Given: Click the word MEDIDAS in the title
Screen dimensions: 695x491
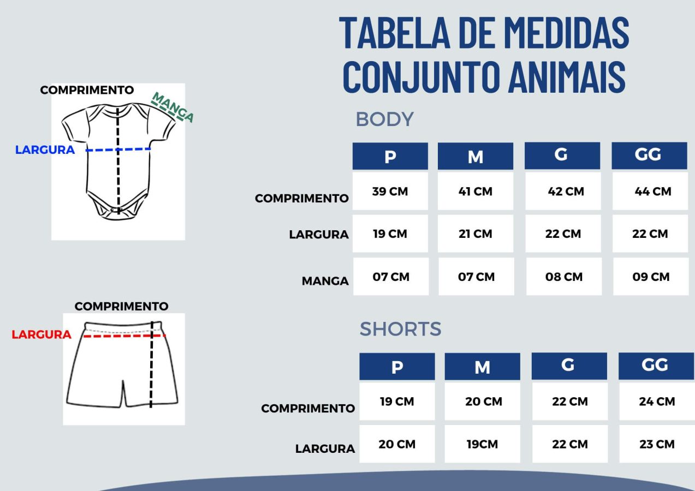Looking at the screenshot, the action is [x=567, y=33].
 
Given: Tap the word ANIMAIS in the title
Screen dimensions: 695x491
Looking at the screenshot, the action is [x=567, y=77].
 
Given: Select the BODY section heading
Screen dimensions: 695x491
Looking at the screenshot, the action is [x=384, y=119].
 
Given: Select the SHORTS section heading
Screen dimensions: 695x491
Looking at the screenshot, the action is [x=400, y=329].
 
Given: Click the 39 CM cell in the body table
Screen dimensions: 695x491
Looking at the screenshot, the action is [x=390, y=191].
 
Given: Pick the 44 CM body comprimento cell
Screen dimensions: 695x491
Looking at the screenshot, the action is [x=650, y=191].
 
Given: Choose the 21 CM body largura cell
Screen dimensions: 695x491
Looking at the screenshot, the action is [x=476, y=233].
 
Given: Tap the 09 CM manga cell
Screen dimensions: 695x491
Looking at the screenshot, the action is [x=651, y=277].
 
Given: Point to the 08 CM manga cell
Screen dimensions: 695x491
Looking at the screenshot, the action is [x=564, y=277].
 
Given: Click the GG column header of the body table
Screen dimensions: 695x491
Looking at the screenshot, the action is [x=649, y=155].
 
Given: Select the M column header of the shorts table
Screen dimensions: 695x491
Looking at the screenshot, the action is [x=482, y=367].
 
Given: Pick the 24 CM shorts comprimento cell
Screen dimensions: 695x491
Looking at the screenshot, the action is [x=657, y=402].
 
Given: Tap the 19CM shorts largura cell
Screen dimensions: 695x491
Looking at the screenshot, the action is [x=482, y=444].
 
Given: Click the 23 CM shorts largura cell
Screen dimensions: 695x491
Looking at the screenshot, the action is [x=657, y=444].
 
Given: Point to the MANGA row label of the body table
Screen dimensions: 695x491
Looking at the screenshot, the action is [x=325, y=281].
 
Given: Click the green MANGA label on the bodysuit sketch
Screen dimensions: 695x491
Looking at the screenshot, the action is [x=173, y=107].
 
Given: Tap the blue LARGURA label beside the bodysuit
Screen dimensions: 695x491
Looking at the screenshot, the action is [x=45, y=149].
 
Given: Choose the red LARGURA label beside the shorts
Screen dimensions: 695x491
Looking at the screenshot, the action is [x=41, y=334].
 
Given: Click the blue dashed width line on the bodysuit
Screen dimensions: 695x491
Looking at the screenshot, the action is [x=118, y=149].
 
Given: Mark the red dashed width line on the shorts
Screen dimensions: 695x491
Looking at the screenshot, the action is [x=124, y=336].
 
